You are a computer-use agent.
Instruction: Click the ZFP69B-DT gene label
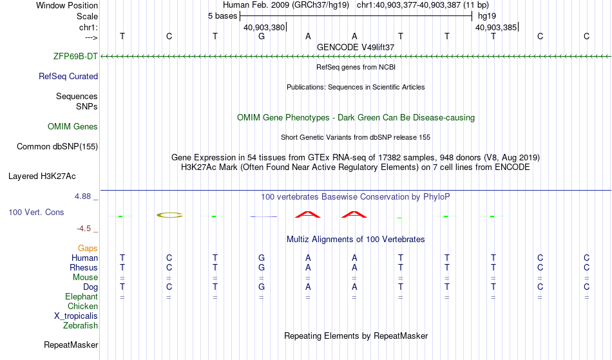(x=75, y=57)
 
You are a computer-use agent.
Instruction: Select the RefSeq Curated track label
(x=68, y=77)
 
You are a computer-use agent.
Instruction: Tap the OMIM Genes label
(x=73, y=127)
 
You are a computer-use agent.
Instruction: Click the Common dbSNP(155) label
(x=57, y=147)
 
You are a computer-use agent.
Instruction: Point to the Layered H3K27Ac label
(x=42, y=176)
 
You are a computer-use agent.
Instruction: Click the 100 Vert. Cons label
(x=36, y=212)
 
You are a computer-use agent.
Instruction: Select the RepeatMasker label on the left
(x=71, y=345)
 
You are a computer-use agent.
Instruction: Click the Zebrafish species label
(x=81, y=326)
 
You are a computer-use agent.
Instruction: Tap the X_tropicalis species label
(x=76, y=316)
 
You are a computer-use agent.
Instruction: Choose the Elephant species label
(x=81, y=297)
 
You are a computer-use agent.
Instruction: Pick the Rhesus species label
(x=84, y=268)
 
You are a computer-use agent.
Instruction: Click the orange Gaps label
(x=88, y=249)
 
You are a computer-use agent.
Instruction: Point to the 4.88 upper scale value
(x=82, y=196)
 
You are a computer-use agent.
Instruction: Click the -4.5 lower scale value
(x=84, y=229)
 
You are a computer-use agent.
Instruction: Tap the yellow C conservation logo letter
(x=169, y=215)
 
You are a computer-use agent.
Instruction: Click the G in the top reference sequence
(x=262, y=37)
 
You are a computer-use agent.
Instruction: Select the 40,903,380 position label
(x=264, y=28)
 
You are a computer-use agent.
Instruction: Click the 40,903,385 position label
(x=495, y=28)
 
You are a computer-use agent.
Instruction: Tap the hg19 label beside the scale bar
(x=487, y=16)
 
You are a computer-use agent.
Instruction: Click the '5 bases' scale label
(x=222, y=16)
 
